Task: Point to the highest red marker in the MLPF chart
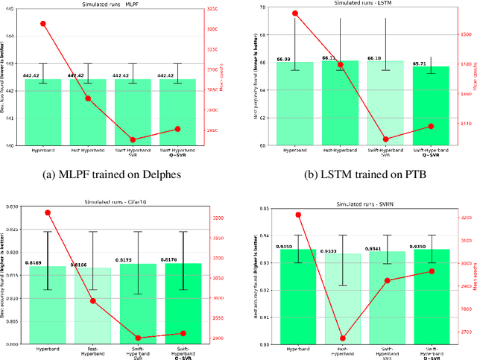pyautogui.click(x=43, y=24)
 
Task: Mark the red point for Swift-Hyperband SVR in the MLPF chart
pyautogui.click(x=133, y=139)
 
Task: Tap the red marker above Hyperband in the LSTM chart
pyautogui.click(x=295, y=13)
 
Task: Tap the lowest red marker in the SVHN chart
pyautogui.click(x=343, y=338)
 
